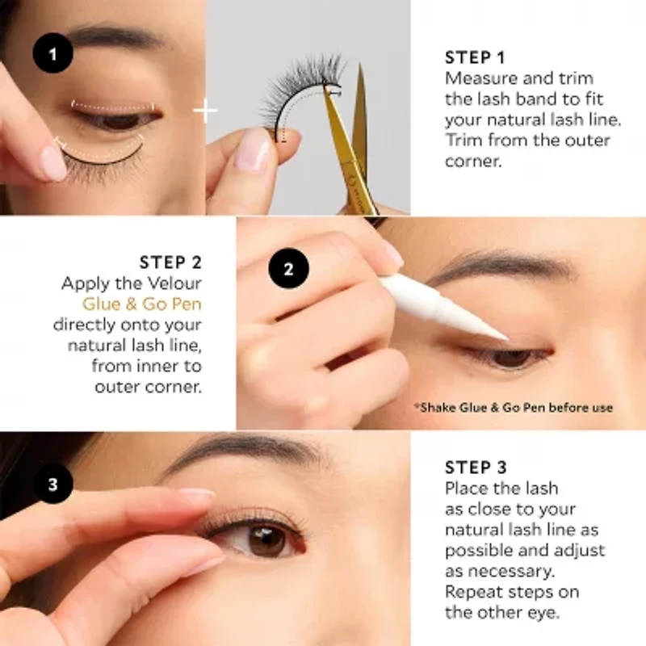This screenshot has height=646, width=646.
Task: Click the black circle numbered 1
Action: click(53, 55)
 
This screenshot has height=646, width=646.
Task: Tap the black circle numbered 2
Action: click(288, 268)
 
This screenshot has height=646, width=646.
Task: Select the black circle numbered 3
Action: click(53, 484)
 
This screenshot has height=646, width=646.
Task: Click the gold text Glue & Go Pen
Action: click(142, 304)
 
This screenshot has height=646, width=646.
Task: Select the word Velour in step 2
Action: click(172, 283)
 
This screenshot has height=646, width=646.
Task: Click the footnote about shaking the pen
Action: click(514, 407)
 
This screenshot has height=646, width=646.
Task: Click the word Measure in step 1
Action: click(477, 79)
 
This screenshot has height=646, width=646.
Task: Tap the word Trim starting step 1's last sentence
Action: click(461, 141)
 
